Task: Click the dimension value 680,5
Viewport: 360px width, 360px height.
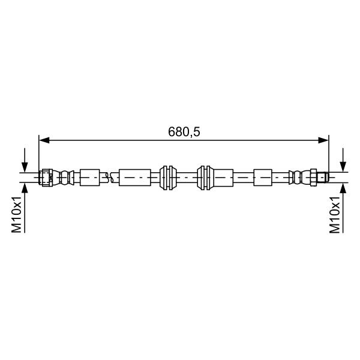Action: [x=184, y=132]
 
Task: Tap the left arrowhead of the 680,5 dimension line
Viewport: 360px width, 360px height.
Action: [x=44, y=140]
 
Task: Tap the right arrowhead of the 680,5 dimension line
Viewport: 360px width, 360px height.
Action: [x=323, y=140]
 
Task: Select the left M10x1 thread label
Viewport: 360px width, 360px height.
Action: [x=17, y=214]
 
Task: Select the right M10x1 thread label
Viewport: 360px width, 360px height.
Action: [x=335, y=214]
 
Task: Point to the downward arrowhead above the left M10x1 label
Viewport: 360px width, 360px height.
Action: [x=25, y=167]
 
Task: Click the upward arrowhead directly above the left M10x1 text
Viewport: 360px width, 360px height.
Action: [x=25, y=188]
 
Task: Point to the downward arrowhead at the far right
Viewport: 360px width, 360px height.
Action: [x=343, y=167]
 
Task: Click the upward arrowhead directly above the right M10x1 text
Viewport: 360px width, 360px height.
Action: [x=343, y=188]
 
